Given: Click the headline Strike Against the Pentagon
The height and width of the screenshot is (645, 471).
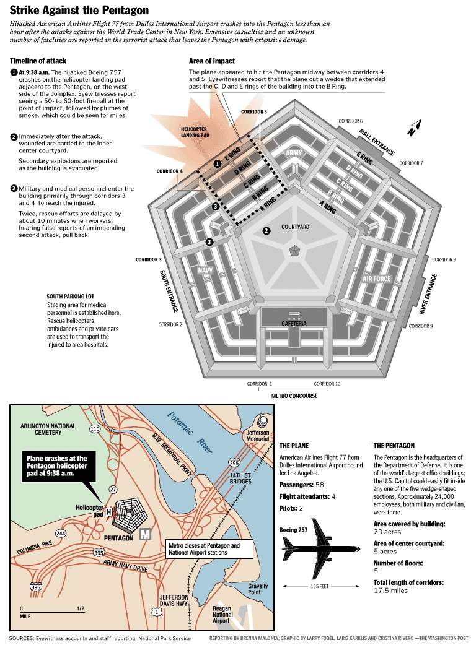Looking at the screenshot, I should click(79, 10).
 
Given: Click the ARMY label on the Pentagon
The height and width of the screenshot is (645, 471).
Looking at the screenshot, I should click(294, 153).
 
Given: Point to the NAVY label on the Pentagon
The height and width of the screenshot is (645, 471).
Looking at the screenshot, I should click(205, 271).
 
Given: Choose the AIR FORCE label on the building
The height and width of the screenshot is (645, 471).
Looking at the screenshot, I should click(377, 279).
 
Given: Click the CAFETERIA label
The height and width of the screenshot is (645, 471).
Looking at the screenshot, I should click(294, 324).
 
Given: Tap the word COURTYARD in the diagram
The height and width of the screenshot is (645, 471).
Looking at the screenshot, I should click(296, 227).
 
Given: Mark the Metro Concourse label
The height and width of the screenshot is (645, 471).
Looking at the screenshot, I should click(294, 396).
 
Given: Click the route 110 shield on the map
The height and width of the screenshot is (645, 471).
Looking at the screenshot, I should click(95, 428).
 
